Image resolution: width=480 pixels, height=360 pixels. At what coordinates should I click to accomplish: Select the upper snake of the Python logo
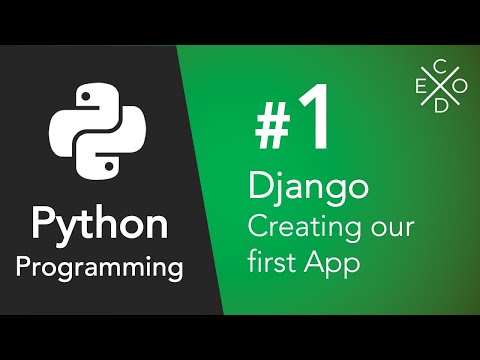pos(80,115)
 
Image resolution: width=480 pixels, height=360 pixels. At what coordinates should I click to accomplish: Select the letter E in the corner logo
pos(418,89)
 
